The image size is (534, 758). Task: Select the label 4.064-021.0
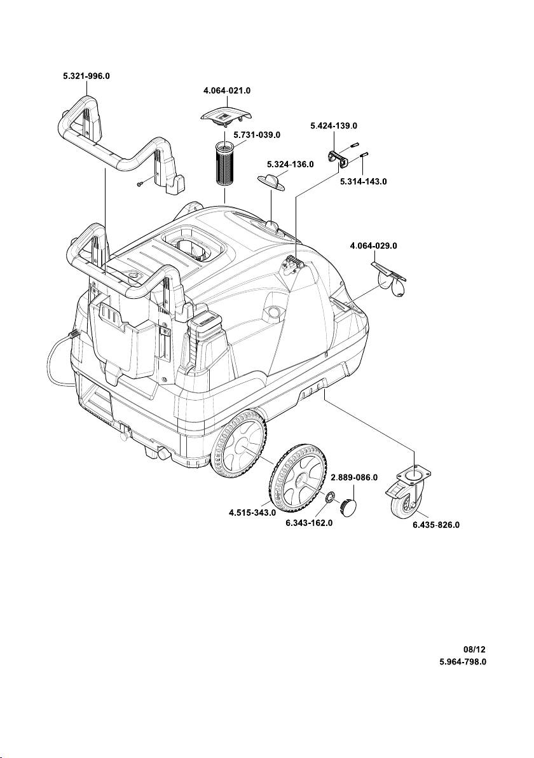pos(222,91)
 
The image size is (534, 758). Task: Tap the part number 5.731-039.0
pos(257,135)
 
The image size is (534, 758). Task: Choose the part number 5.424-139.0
pos(334,126)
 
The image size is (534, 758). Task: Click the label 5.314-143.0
pos(364,181)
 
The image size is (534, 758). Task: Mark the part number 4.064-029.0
pos(374,245)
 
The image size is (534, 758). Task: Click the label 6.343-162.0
pos(309,524)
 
